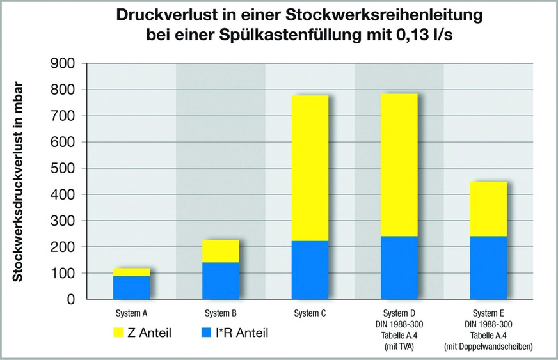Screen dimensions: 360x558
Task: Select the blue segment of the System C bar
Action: point(310,270)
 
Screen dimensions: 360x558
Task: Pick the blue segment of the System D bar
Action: point(399,267)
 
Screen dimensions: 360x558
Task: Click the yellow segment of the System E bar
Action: point(488,208)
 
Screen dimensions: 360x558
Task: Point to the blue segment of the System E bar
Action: point(488,267)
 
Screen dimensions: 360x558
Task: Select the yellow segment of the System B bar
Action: point(221,251)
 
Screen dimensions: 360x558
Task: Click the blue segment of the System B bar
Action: point(221,280)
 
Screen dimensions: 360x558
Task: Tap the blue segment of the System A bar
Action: point(132,287)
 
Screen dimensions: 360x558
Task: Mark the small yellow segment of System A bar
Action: point(132,272)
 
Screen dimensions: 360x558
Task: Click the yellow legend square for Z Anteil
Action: point(120,333)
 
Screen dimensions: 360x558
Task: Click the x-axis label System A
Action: point(132,314)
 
